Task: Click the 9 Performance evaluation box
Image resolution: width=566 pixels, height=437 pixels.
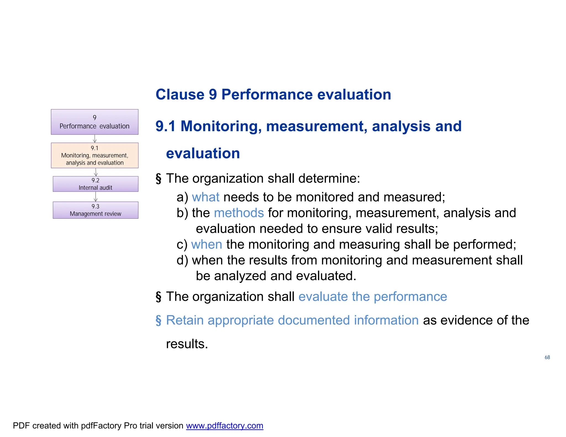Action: point(95,122)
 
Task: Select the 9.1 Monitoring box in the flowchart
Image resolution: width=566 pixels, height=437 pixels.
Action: point(95,156)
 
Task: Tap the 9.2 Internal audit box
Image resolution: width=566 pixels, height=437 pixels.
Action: point(95,184)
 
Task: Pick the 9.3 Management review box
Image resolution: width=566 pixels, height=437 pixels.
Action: point(95,210)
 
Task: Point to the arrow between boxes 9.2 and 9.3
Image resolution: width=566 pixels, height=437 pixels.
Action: point(96,197)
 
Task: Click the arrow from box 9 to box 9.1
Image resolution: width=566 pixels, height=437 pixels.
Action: point(95,139)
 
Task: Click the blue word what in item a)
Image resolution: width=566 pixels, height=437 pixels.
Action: point(206,197)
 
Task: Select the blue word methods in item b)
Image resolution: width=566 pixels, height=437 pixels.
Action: point(239,213)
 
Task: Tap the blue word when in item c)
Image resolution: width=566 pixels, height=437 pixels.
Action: point(206,244)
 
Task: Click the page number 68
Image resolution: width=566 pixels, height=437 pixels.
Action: point(547,357)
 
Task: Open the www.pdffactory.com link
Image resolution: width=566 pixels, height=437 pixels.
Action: point(224,426)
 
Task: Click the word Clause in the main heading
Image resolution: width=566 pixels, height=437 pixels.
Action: point(180,94)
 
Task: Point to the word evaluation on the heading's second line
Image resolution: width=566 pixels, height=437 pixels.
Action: point(203,153)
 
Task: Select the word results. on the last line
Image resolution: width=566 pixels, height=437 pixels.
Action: point(187,344)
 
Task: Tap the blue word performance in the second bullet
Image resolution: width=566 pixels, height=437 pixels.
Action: point(410,297)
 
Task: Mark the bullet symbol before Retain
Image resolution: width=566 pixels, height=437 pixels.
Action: point(158,320)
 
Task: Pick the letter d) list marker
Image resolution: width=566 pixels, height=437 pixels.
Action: point(182,260)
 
